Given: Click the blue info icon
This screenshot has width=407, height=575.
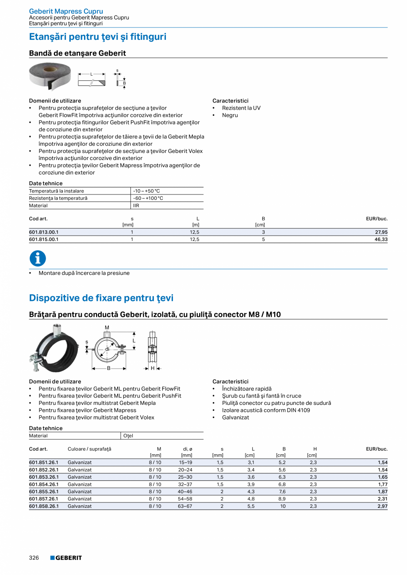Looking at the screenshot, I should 38,259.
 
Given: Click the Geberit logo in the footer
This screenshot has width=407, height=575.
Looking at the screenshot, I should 66,558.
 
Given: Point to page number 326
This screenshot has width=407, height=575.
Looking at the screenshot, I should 34,558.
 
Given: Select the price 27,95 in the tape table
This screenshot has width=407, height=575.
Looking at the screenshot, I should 381,232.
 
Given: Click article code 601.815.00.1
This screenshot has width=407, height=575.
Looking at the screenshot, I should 44,239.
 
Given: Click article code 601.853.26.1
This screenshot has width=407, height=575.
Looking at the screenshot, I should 44,477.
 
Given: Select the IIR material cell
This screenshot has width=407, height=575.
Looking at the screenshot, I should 136,206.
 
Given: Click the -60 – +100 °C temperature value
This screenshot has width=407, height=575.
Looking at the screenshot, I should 148,198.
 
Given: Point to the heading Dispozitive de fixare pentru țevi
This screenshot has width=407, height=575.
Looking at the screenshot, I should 101,298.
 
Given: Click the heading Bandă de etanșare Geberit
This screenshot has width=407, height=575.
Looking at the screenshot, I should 77,53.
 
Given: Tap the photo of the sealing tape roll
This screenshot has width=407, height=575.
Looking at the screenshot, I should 50,76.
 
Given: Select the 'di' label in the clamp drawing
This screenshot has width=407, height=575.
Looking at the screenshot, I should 107,349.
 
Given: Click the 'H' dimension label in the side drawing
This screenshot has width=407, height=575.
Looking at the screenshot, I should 153,368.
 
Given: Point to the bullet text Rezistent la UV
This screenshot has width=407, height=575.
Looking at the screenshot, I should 241,108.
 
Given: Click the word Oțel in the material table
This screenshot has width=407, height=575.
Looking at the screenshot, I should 128,436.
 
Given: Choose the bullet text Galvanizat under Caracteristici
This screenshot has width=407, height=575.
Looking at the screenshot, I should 235,417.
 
